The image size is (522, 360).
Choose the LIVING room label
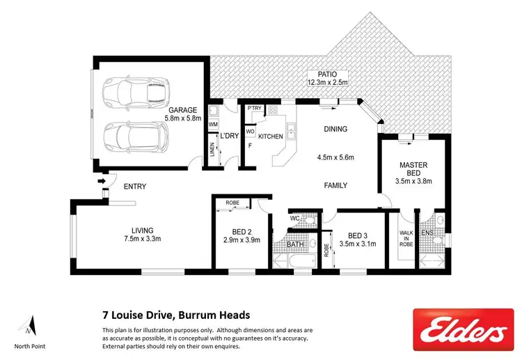pos(142,235)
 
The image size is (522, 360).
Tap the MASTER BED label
pos(413,169)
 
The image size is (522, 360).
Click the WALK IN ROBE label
pos(406,237)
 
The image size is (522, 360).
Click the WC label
pos(294,218)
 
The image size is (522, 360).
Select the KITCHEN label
pos(270,136)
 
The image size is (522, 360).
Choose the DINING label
pos(335,129)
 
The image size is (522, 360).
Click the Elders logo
pos(462,329)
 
